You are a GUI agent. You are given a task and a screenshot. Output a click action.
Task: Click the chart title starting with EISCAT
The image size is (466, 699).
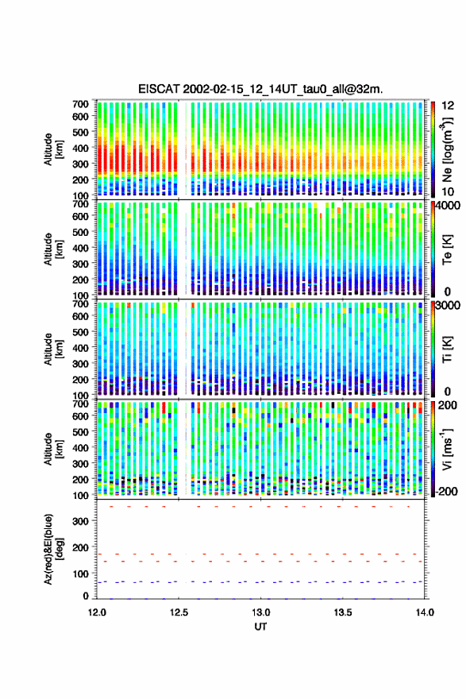coord(260,89)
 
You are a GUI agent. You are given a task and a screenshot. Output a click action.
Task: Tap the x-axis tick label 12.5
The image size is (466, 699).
coord(179,612)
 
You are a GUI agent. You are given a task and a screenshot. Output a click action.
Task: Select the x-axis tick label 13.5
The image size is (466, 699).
coord(343,612)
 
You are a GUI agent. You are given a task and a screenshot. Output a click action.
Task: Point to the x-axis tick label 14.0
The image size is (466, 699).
coord(425,612)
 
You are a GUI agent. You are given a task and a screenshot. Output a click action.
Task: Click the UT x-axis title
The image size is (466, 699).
coord(260,627)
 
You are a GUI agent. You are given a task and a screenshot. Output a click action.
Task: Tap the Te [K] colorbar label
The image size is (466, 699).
coord(447,249)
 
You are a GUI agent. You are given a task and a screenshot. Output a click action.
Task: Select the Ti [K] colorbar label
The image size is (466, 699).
coord(447,349)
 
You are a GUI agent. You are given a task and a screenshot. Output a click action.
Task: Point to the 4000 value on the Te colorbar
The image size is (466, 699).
coord(449,206)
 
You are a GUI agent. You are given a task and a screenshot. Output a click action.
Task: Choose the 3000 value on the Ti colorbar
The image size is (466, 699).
coord(449,306)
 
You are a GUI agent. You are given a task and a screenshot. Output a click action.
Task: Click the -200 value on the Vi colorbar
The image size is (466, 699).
coord(445,491)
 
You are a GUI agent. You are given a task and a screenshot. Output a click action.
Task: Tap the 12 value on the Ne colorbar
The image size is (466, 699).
coord(449,106)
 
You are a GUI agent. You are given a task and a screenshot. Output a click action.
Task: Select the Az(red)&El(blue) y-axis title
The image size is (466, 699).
coord(52,549)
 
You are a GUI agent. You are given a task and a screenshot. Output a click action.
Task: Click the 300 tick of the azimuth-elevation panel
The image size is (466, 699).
coord(80,521)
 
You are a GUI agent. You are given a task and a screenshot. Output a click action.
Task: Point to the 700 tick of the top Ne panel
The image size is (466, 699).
coord(80,104)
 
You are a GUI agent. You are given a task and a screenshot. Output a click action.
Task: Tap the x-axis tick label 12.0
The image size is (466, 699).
coord(97,612)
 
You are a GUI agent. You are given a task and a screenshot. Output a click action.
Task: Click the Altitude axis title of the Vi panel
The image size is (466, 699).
coord(52,449)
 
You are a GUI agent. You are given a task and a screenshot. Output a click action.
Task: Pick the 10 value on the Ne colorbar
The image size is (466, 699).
coord(448,191)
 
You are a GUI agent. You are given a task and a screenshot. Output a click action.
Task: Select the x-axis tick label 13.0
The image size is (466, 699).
coord(260,612)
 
